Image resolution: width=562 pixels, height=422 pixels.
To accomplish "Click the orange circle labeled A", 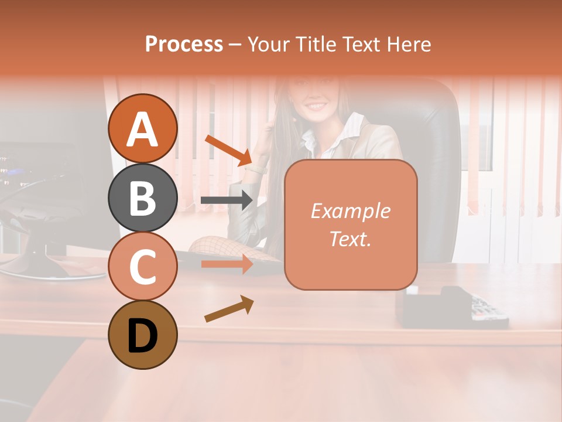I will pos(143,128).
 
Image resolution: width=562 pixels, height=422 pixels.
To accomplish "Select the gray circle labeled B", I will pos(143,198).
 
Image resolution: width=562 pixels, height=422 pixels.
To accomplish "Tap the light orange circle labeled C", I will pos(143,267).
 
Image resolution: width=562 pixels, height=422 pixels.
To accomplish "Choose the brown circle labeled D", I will pos(143,335).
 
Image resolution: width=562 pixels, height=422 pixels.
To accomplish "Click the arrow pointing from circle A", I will pos(228,150).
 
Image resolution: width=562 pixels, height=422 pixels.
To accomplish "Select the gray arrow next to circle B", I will pos(227,200).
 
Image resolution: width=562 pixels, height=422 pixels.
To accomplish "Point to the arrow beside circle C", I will pos(227,264).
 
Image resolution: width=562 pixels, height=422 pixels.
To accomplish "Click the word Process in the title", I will pos(184,44).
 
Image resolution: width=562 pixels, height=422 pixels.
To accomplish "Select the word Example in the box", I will pos(350,211).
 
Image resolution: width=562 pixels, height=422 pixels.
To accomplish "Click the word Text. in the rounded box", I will pos(350,239).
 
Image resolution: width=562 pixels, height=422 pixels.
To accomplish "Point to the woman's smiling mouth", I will pos(316,107).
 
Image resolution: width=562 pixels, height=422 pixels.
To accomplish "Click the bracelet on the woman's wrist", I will pos(256,170).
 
